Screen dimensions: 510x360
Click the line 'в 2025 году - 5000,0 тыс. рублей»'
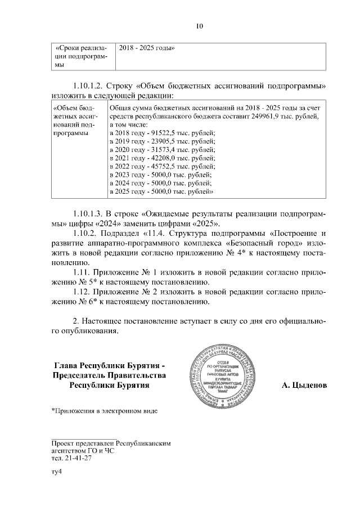pos(161,192)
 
